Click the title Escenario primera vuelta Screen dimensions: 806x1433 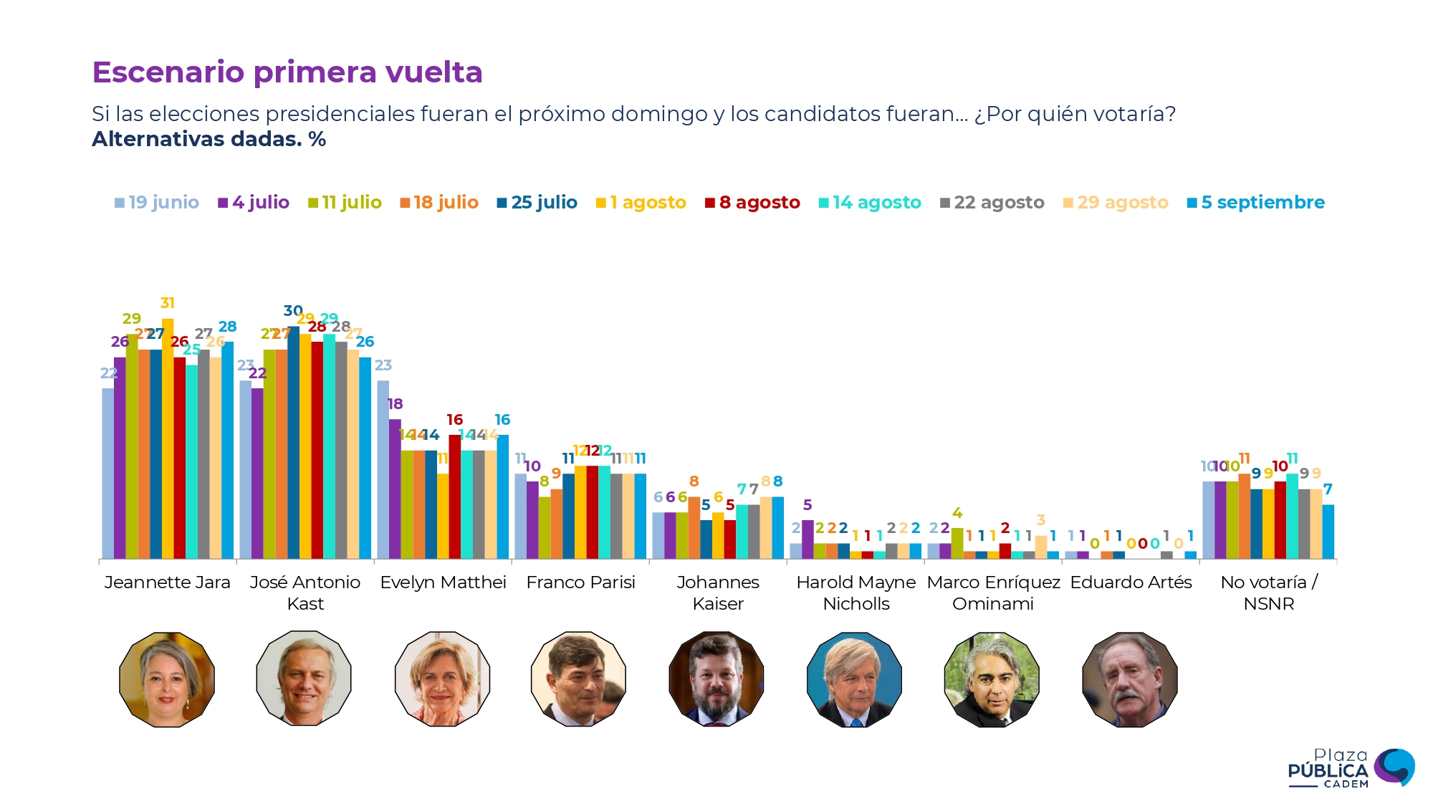[287, 72]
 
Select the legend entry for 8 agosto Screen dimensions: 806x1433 [752, 203]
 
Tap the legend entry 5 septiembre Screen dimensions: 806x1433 [1255, 203]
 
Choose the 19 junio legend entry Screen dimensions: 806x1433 [157, 203]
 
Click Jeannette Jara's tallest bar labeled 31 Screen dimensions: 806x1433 [168, 438]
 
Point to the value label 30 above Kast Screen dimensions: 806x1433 [292, 310]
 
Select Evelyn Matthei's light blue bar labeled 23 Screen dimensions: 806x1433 [383, 469]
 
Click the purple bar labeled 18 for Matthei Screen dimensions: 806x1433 [395, 489]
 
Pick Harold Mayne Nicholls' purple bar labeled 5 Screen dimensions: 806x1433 [807, 539]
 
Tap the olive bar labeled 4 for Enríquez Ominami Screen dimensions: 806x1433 [957, 543]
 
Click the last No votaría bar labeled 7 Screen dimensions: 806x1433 [1328, 532]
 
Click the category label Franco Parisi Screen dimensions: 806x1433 [580, 582]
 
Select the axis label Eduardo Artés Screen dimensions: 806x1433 [1131, 582]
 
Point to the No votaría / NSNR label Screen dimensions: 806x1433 [1268, 592]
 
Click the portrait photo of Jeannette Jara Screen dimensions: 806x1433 [167, 679]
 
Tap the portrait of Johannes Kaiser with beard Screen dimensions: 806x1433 [716, 679]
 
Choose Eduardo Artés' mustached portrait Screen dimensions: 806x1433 [1130, 679]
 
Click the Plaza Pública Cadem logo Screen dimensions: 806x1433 [1351, 768]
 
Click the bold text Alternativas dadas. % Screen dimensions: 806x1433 [209, 139]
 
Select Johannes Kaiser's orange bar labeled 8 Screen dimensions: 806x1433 [694, 527]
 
